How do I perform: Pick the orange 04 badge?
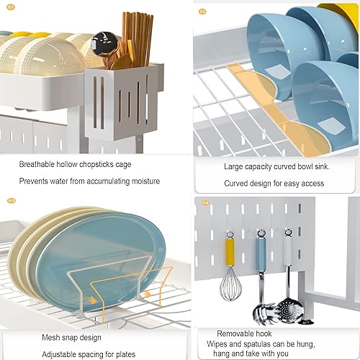pyautogui.click(x=204, y=203)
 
